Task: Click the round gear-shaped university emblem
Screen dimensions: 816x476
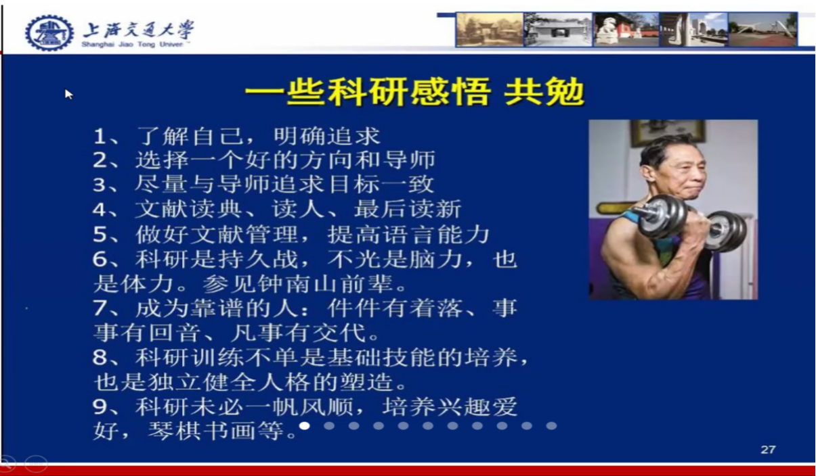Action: [x=49, y=32]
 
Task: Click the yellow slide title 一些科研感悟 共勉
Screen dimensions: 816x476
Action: [x=415, y=92]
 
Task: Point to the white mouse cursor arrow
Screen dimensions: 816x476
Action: [x=68, y=94]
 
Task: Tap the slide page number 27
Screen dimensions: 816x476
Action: [x=768, y=450]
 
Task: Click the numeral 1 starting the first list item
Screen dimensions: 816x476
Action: [x=100, y=137]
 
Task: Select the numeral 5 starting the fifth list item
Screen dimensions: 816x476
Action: [x=100, y=235]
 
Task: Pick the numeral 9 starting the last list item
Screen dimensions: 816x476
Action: [x=100, y=406]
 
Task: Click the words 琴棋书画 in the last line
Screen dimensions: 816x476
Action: [x=202, y=431]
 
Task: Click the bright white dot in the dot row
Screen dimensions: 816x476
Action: [x=305, y=425]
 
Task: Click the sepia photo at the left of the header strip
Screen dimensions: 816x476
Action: [x=490, y=30]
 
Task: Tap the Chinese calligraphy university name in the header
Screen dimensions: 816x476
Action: [x=138, y=29]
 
